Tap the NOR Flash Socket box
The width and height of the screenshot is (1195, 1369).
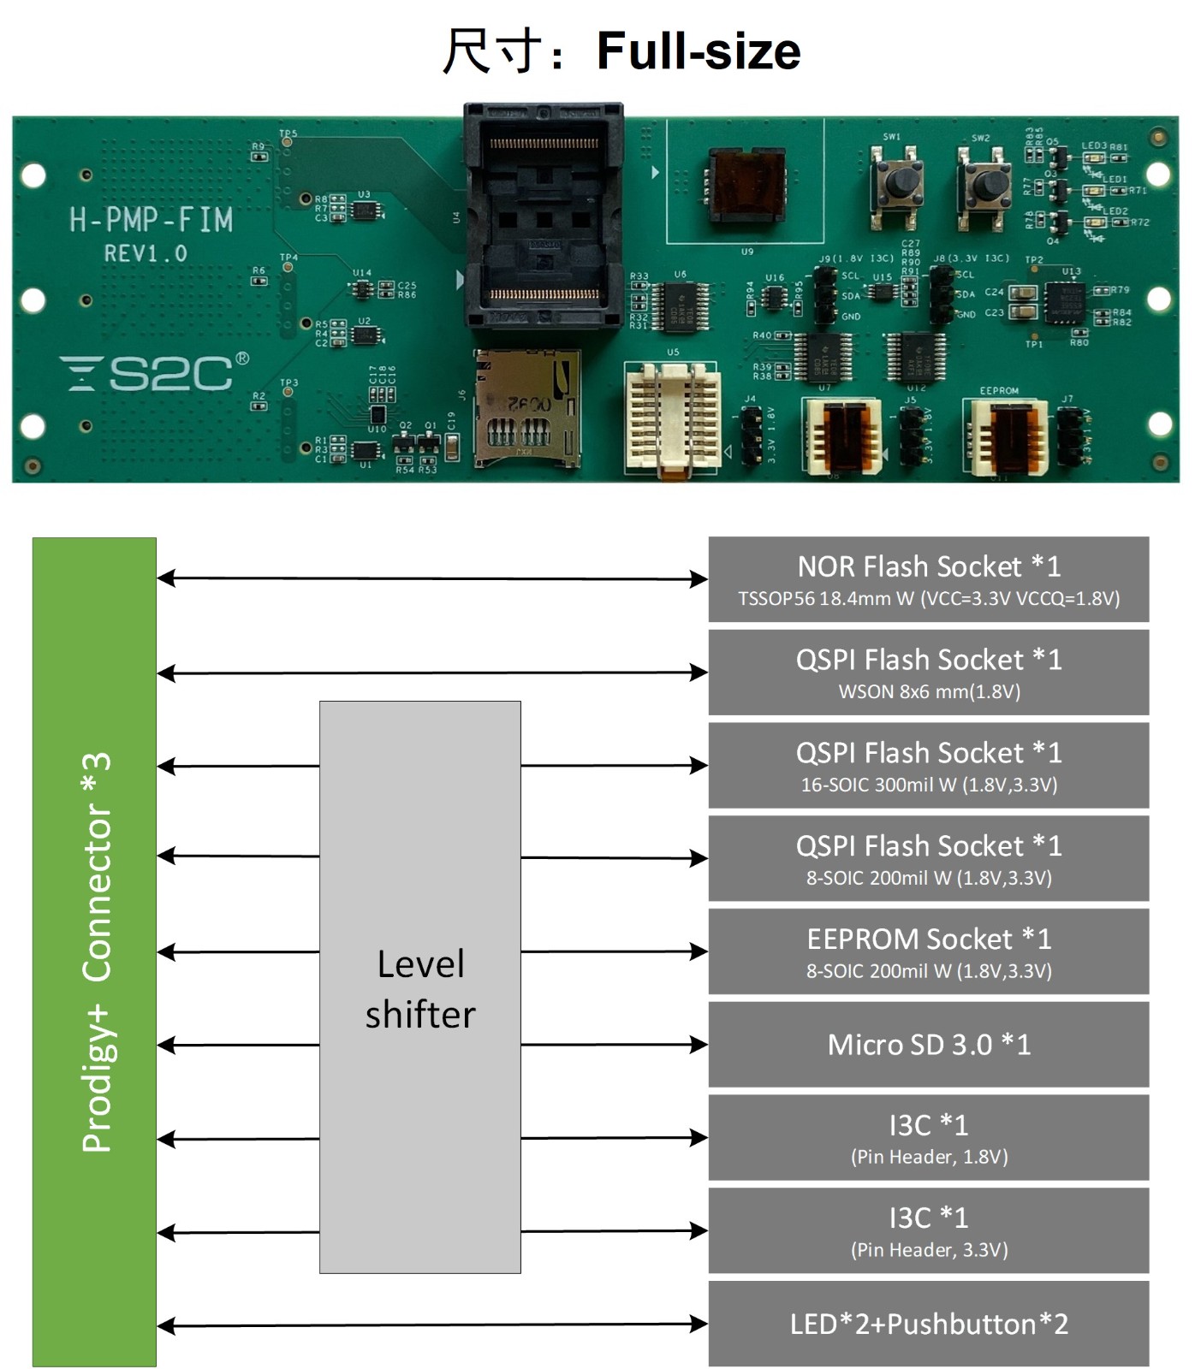coord(928,579)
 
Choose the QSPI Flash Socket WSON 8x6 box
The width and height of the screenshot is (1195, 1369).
coord(928,673)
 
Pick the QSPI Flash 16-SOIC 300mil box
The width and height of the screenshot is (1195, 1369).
coord(928,766)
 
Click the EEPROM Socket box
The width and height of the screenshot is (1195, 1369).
coord(928,951)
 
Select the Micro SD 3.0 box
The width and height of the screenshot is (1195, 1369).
coord(928,1045)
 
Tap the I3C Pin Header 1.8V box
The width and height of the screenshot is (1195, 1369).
coord(928,1138)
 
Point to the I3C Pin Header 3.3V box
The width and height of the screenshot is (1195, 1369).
coord(928,1231)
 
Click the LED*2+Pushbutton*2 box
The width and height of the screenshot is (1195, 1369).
coord(928,1324)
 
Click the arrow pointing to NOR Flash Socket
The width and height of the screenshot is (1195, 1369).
coord(432,579)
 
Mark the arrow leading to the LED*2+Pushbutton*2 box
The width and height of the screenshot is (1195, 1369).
coord(432,1325)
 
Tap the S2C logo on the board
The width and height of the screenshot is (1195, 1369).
coord(154,373)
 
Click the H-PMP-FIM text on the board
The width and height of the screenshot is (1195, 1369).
coord(151,220)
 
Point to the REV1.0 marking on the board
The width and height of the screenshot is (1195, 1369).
coord(146,253)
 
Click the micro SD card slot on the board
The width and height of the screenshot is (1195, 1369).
coord(526,409)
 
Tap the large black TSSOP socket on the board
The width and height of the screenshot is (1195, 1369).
coord(543,218)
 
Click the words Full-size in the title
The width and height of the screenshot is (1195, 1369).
coord(698,50)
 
